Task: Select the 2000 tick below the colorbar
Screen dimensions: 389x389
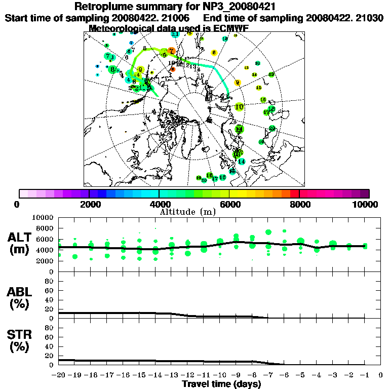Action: (x=89, y=204)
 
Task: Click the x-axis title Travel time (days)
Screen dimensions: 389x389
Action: (x=221, y=384)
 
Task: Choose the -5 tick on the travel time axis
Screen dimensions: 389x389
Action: (x=300, y=375)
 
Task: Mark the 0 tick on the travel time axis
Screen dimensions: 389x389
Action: (x=381, y=375)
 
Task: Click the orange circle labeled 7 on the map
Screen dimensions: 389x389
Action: (x=171, y=51)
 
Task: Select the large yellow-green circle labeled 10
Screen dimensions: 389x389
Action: (x=240, y=107)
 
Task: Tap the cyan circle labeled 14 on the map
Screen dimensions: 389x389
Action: (x=242, y=161)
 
